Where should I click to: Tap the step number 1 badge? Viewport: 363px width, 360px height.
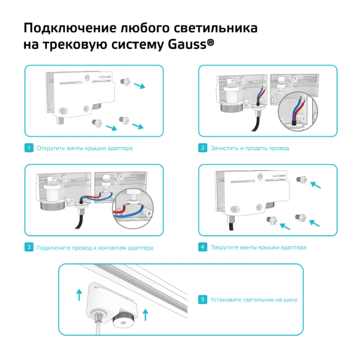click(x=28, y=148)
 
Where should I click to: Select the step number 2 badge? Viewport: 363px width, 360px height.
click(x=202, y=148)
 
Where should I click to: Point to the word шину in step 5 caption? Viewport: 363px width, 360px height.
click(x=290, y=300)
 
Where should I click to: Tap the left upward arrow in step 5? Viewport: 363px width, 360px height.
click(x=79, y=294)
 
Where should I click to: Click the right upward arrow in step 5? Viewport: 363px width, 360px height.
click(x=146, y=314)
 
